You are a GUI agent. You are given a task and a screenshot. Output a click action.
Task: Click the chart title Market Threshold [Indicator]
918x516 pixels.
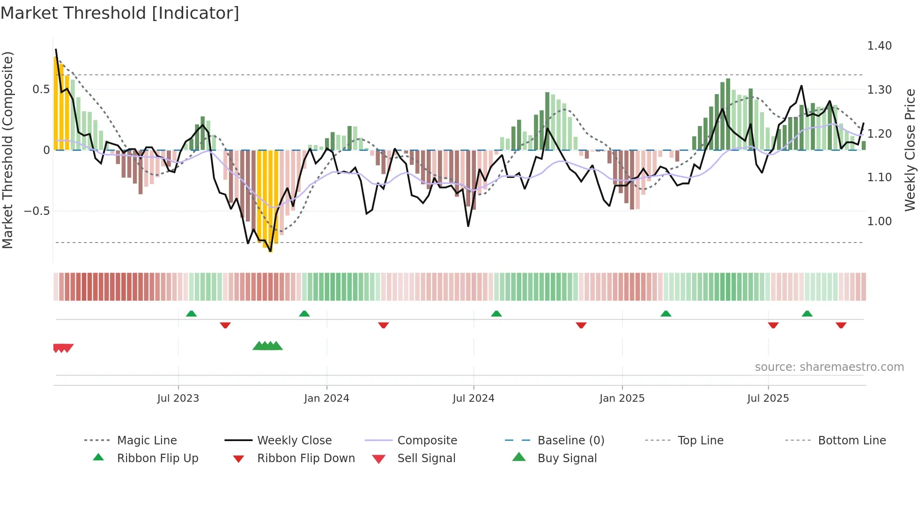click(120, 13)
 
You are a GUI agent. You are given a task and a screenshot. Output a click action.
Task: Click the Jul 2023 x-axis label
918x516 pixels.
click(178, 398)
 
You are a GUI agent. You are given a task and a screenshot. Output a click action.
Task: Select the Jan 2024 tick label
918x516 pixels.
click(326, 398)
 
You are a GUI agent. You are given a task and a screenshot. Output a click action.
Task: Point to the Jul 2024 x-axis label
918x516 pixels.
click(473, 398)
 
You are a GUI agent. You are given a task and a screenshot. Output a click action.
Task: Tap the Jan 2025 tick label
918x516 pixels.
click(622, 398)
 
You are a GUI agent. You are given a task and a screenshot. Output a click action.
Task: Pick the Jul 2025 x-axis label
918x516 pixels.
click(768, 398)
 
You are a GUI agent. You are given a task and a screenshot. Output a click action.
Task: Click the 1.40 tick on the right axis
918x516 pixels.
click(879, 46)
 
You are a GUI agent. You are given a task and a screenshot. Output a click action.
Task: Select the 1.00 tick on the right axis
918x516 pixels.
click(879, 221)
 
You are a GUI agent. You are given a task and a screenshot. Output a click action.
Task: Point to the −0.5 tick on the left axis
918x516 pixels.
click(37, 211)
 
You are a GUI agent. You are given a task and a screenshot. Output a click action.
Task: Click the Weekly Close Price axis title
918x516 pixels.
click(910, 150)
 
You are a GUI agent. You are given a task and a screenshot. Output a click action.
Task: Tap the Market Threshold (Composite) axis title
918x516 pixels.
click(7, 150)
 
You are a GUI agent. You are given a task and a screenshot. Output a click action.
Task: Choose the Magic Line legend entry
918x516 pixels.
click(147, 441)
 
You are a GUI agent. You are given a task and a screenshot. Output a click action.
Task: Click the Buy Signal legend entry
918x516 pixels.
click(567, 458)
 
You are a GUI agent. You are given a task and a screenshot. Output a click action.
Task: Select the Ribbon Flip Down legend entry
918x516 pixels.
click(306, 458)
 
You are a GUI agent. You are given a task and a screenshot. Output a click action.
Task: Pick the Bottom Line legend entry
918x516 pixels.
click(851, 441)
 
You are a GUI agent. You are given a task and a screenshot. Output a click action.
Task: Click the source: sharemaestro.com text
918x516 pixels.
click(829, 367)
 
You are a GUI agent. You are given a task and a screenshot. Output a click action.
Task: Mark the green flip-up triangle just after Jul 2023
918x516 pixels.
click(191, 314)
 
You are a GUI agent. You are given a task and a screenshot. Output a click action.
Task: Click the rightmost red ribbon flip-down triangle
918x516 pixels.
click(841, 325)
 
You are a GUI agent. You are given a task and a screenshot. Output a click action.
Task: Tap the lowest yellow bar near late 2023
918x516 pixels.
click(270, 248)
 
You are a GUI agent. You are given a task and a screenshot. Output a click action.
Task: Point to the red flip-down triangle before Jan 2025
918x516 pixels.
click(581, 325)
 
